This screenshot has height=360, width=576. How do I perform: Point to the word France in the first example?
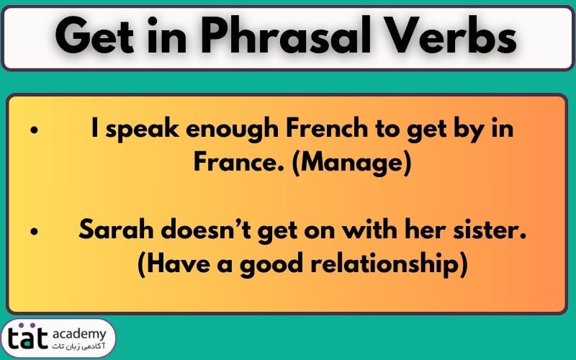pos(239,162)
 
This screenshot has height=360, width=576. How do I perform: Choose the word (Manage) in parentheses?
pos(351,163)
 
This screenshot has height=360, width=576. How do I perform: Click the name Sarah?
pos(116,230)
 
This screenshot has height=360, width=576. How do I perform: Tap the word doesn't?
pos(206,230)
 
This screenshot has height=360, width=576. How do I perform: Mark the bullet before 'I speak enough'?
pos(35,130)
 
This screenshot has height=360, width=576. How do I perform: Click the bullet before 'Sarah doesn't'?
pos(35,231)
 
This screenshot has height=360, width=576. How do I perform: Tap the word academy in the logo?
pos(79,335)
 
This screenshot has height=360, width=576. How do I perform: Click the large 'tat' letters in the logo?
pos(28,337)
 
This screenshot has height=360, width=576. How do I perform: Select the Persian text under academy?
pos(78,347)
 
